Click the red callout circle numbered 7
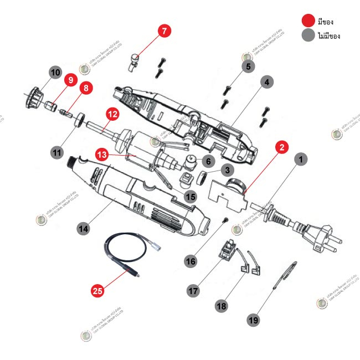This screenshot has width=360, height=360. [164, 31]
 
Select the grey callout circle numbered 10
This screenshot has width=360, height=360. [55, 72]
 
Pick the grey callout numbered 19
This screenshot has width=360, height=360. [254, 320]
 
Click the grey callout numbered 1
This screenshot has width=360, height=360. [300, 160]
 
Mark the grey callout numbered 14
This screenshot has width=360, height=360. [84, 228]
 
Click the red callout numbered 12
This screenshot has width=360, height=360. [112, 115]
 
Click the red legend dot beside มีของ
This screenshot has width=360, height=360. [307, 22]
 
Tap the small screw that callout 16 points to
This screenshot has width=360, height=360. [226, 221]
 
